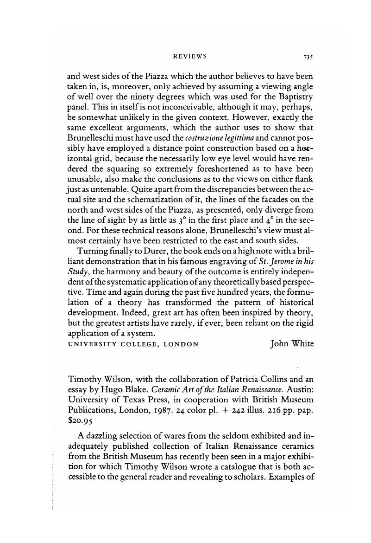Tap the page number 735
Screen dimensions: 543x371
[x=309, y=57]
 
